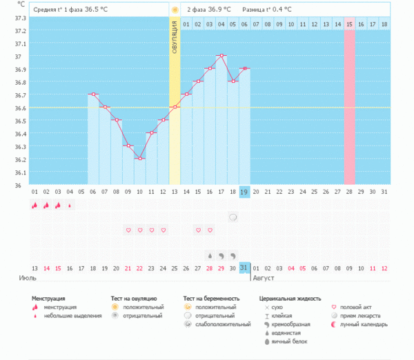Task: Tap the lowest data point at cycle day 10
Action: click(139, 159)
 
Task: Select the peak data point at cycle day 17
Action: click(221, 55)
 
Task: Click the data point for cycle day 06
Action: click(92, 94)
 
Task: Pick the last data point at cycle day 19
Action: click(244, 68)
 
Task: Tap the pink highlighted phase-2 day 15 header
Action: click(350, 24)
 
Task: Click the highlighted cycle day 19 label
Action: click(244, 192)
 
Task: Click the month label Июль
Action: click(27, 278)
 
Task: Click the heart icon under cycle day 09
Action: click(128, 230)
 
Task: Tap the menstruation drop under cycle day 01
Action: click(34, 205)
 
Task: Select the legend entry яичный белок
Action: click(286, 341)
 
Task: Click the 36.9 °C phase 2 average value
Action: click(221, 10)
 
